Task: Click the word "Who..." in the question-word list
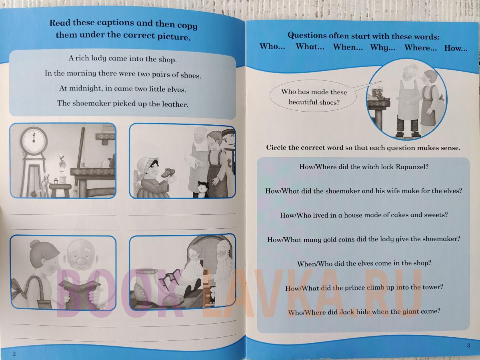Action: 272,46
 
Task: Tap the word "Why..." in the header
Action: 383,48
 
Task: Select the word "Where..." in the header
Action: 420,48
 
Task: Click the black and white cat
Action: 203,189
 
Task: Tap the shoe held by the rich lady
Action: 168,172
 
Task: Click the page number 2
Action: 14,354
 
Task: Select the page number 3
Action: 468,345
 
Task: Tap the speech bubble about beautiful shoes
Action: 313,96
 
